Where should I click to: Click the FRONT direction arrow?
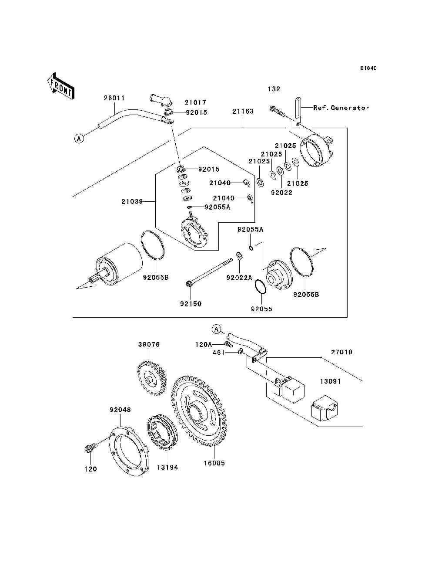click(60, 86)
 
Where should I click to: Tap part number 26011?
click(114, 98)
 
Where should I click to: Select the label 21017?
click(195, 102)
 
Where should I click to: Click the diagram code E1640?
click(368, 68)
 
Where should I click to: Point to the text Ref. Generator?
click(341, 108)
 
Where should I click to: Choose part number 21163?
click(243, 112)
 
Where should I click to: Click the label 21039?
click(132, 202)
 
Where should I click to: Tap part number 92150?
click(191, 304)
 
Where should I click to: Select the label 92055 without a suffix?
click(261, 309)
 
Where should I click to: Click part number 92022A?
click(239, 278)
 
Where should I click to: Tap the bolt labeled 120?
click(90, 448)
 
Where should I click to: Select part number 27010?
click(341, 352)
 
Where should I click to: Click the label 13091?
click(331, 381)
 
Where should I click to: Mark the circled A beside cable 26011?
click(79, 139)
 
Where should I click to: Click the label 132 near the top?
click(274, 89)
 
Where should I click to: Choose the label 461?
click(218, 353)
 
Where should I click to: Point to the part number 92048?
click(120, 410)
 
